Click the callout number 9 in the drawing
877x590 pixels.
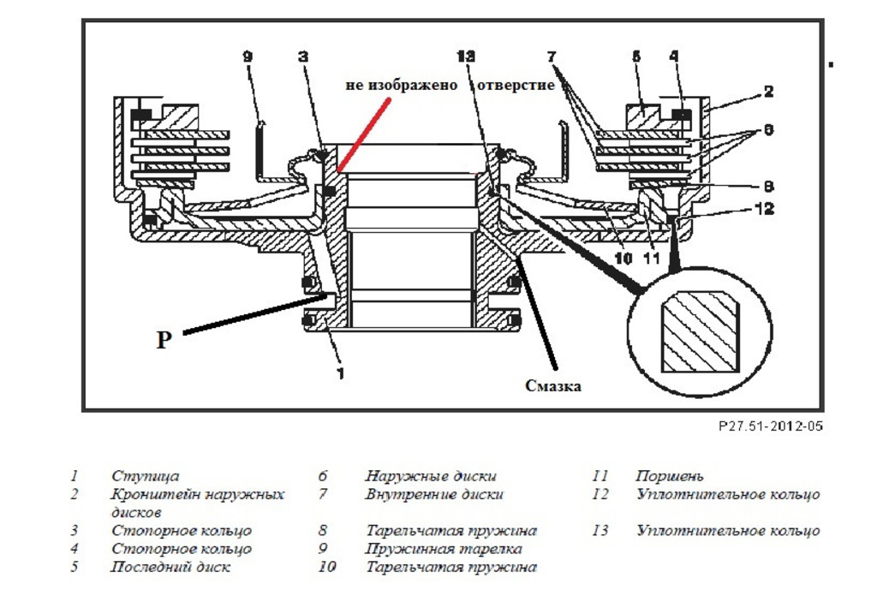click(x=248, y=57)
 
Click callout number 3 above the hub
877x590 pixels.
click(x=303, y=57)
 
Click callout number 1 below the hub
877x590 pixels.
click(x=341, y=373)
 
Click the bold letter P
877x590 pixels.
click(x=164, y=340)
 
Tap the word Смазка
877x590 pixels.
click(x=553, y=386)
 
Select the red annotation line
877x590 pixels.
click(x=365, y=134)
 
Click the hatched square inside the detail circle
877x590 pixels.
click(x=700, y=332)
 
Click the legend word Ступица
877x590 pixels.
click(x=146, y=476)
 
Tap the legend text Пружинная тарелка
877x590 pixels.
click(x=444, y=549)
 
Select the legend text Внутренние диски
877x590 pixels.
click(x=434, y=494)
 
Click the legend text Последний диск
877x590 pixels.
click(x=170, y=567)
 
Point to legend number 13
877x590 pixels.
click(x=600, y=531)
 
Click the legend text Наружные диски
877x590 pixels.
click(x=430, y=476)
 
